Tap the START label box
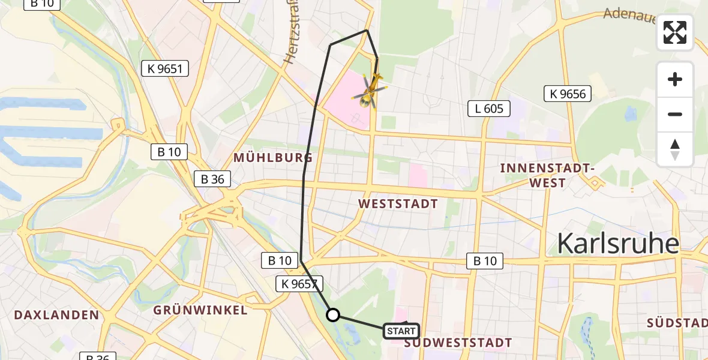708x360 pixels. pos(401,331)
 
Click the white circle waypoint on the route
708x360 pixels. pos(333,314)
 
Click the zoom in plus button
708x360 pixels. pos(675,79)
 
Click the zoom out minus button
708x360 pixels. pos(675,114)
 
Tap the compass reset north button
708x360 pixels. pos(675,149)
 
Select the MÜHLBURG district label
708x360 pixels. pos(273,158)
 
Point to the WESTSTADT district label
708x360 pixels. pos(398,204)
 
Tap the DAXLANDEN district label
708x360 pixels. pos(56,314)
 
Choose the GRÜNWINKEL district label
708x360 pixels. pos(200,310)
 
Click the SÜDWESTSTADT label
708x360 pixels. pos(458,343)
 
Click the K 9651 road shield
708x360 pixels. pos(164,68)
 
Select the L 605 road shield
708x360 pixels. pos(489,109)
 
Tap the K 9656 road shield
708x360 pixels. pos(568,94)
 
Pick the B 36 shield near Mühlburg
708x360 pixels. pos(213,178)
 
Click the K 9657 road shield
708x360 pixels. pos(300,284)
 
